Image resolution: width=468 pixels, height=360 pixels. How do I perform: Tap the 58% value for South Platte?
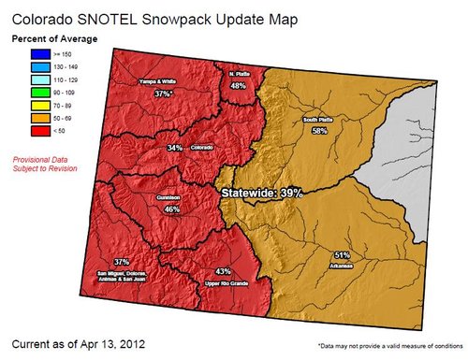(x=319, y=132)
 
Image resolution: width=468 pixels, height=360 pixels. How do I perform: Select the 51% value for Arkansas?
(x=342, y=254)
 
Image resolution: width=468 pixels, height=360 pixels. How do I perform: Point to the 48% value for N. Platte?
(x=238, y=85)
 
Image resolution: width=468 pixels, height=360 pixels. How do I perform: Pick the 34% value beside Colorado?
(x=175, y=148)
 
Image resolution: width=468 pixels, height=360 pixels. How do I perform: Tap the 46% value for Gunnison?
(x=171, y=209)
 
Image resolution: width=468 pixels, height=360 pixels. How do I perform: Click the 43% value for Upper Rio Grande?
(x=223, y=271)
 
